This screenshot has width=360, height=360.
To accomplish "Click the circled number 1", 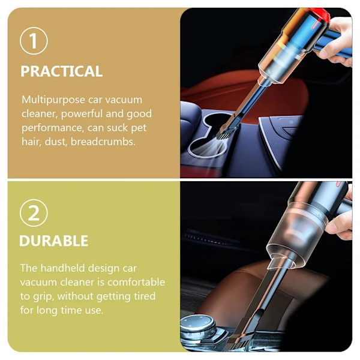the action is point(34,41).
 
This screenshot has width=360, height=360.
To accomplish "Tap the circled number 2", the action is point(34,213).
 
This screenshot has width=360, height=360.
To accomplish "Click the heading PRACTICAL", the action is point(62,71).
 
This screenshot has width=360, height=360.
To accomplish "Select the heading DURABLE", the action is point(53,241).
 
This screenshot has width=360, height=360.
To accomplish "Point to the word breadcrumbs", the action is point(103,142).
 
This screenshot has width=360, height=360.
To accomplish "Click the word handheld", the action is point(62,268).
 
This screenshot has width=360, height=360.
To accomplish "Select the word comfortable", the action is point(136,282).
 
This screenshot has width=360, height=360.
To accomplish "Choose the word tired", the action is point(145,296).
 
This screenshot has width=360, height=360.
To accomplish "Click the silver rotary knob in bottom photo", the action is point(197,326).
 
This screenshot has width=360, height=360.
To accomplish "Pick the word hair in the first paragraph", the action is point(31,142).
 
